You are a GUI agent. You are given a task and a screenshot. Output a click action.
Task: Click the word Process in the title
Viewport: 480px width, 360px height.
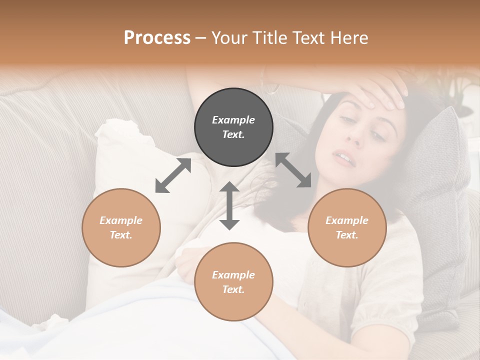click(x=157, y=38)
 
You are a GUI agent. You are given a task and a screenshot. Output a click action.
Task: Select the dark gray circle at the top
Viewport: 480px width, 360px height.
click(x=233, y=127)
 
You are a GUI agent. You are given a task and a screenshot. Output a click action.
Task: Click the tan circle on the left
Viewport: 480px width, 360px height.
click(x=121, y=227)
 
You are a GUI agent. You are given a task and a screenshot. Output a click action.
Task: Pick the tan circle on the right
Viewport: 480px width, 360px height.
click(x=347, y=227)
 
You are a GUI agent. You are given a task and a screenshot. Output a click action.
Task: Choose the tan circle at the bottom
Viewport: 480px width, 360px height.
click(x=233, y=282)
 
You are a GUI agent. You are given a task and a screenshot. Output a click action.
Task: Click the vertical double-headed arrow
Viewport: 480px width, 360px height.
click(x=229, y=205)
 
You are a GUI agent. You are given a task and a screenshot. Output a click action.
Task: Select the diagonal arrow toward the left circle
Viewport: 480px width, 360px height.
click(x=173, y=175)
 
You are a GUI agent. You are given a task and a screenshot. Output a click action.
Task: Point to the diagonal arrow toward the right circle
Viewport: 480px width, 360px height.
click(x=293, y=170)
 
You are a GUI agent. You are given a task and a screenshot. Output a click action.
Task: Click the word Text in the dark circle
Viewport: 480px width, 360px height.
click(x=233, y=134)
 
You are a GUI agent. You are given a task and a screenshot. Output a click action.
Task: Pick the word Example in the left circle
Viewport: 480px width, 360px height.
click(x=121, y=220)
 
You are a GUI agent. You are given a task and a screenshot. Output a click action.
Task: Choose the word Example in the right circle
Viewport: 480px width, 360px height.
click(x=347, y=220)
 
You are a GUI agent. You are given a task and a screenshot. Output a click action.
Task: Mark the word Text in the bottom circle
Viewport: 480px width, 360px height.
click(x=233, y=289)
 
